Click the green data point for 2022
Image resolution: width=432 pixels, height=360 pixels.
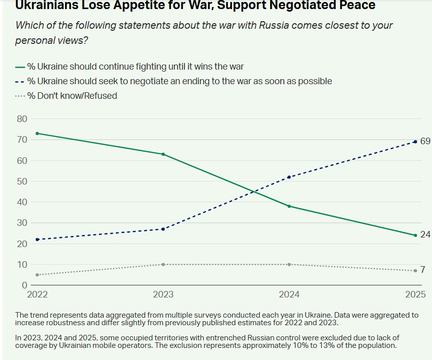37,133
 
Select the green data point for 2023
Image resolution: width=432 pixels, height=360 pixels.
163,154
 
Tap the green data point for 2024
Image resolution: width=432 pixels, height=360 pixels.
289,206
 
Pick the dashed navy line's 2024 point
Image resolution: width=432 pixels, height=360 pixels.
289,177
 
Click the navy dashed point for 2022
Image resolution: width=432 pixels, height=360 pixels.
37,239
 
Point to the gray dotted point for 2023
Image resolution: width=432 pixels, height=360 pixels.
163,264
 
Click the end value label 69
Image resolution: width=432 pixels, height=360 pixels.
425,141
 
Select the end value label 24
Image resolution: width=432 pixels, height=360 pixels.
425,234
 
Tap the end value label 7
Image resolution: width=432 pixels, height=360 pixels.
423,270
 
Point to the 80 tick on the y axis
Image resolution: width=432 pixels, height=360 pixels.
22,119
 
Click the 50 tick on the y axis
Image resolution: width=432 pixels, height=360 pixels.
22,181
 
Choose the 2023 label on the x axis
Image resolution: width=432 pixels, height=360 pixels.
163,294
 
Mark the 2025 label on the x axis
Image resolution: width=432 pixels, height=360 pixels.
415,294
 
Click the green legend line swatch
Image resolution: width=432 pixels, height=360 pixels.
20,66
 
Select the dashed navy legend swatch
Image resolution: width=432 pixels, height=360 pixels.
20,81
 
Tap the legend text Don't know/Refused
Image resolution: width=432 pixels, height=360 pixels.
72,96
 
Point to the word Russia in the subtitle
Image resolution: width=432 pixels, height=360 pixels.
272,25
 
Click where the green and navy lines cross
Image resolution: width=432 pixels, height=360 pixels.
253,191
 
